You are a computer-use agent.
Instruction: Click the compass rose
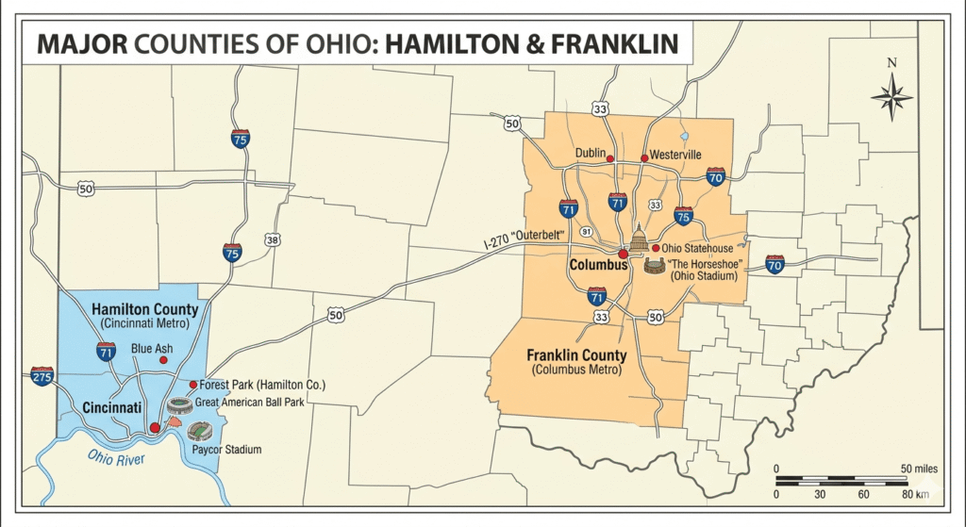(891, 94)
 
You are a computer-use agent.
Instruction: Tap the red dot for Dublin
(610, 158)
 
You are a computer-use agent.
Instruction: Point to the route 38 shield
(273, 239)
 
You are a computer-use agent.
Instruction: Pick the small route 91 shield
(586, 231)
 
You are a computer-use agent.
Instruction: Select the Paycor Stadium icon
(200, 432)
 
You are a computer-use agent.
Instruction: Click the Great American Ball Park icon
(179, 405)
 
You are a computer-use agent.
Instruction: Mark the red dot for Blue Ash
(162, 360)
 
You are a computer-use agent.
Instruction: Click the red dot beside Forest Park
(193, 385)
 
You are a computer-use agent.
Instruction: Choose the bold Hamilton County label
(144, 309)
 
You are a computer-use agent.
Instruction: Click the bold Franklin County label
(576, 355)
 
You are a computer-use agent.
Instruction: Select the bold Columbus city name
(598, 265)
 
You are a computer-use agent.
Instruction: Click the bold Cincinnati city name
(112, 407)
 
